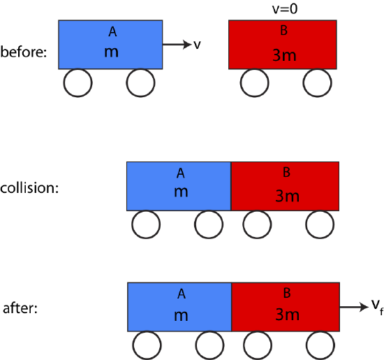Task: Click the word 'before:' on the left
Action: tap(23, 52)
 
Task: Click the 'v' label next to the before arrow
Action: tap(197, 45)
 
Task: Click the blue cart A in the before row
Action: tap(110, 44)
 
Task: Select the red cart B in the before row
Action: tap(283, 44)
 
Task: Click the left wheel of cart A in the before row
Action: tap(77, 83)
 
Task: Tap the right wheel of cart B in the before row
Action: tap(317, 83)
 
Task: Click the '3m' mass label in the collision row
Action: tap(287, 196)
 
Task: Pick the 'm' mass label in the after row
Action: tap(181, 315)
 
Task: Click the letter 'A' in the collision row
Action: tap(180, 173)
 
